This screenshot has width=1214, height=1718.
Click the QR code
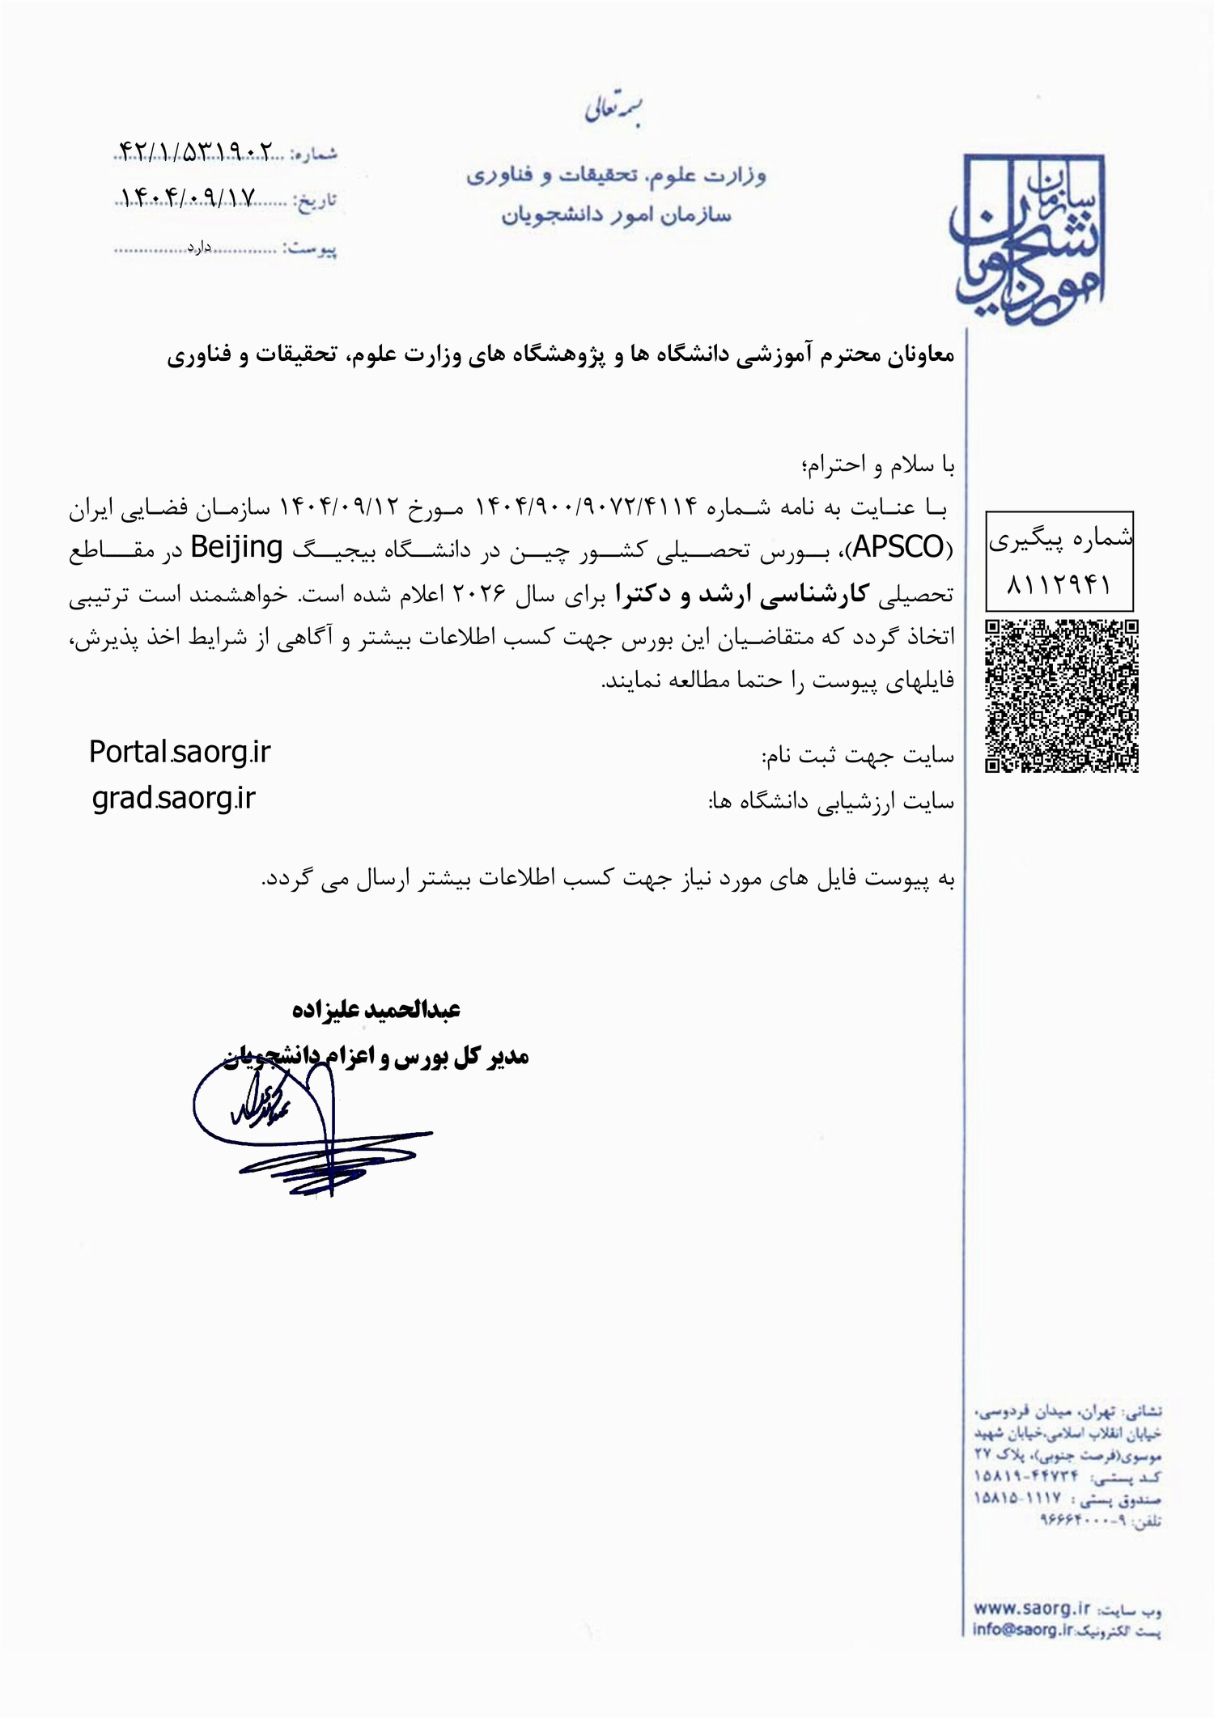coord(1061,696)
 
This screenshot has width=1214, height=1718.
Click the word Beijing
coord(236,548)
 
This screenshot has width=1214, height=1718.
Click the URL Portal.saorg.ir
coord(180,753)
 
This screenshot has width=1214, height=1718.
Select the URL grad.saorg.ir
coord(174,799)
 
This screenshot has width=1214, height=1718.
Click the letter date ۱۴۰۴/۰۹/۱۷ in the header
coord(189,197)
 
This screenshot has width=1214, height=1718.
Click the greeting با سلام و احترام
coord(877,464)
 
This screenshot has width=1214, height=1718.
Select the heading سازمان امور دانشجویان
coord(616,215)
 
